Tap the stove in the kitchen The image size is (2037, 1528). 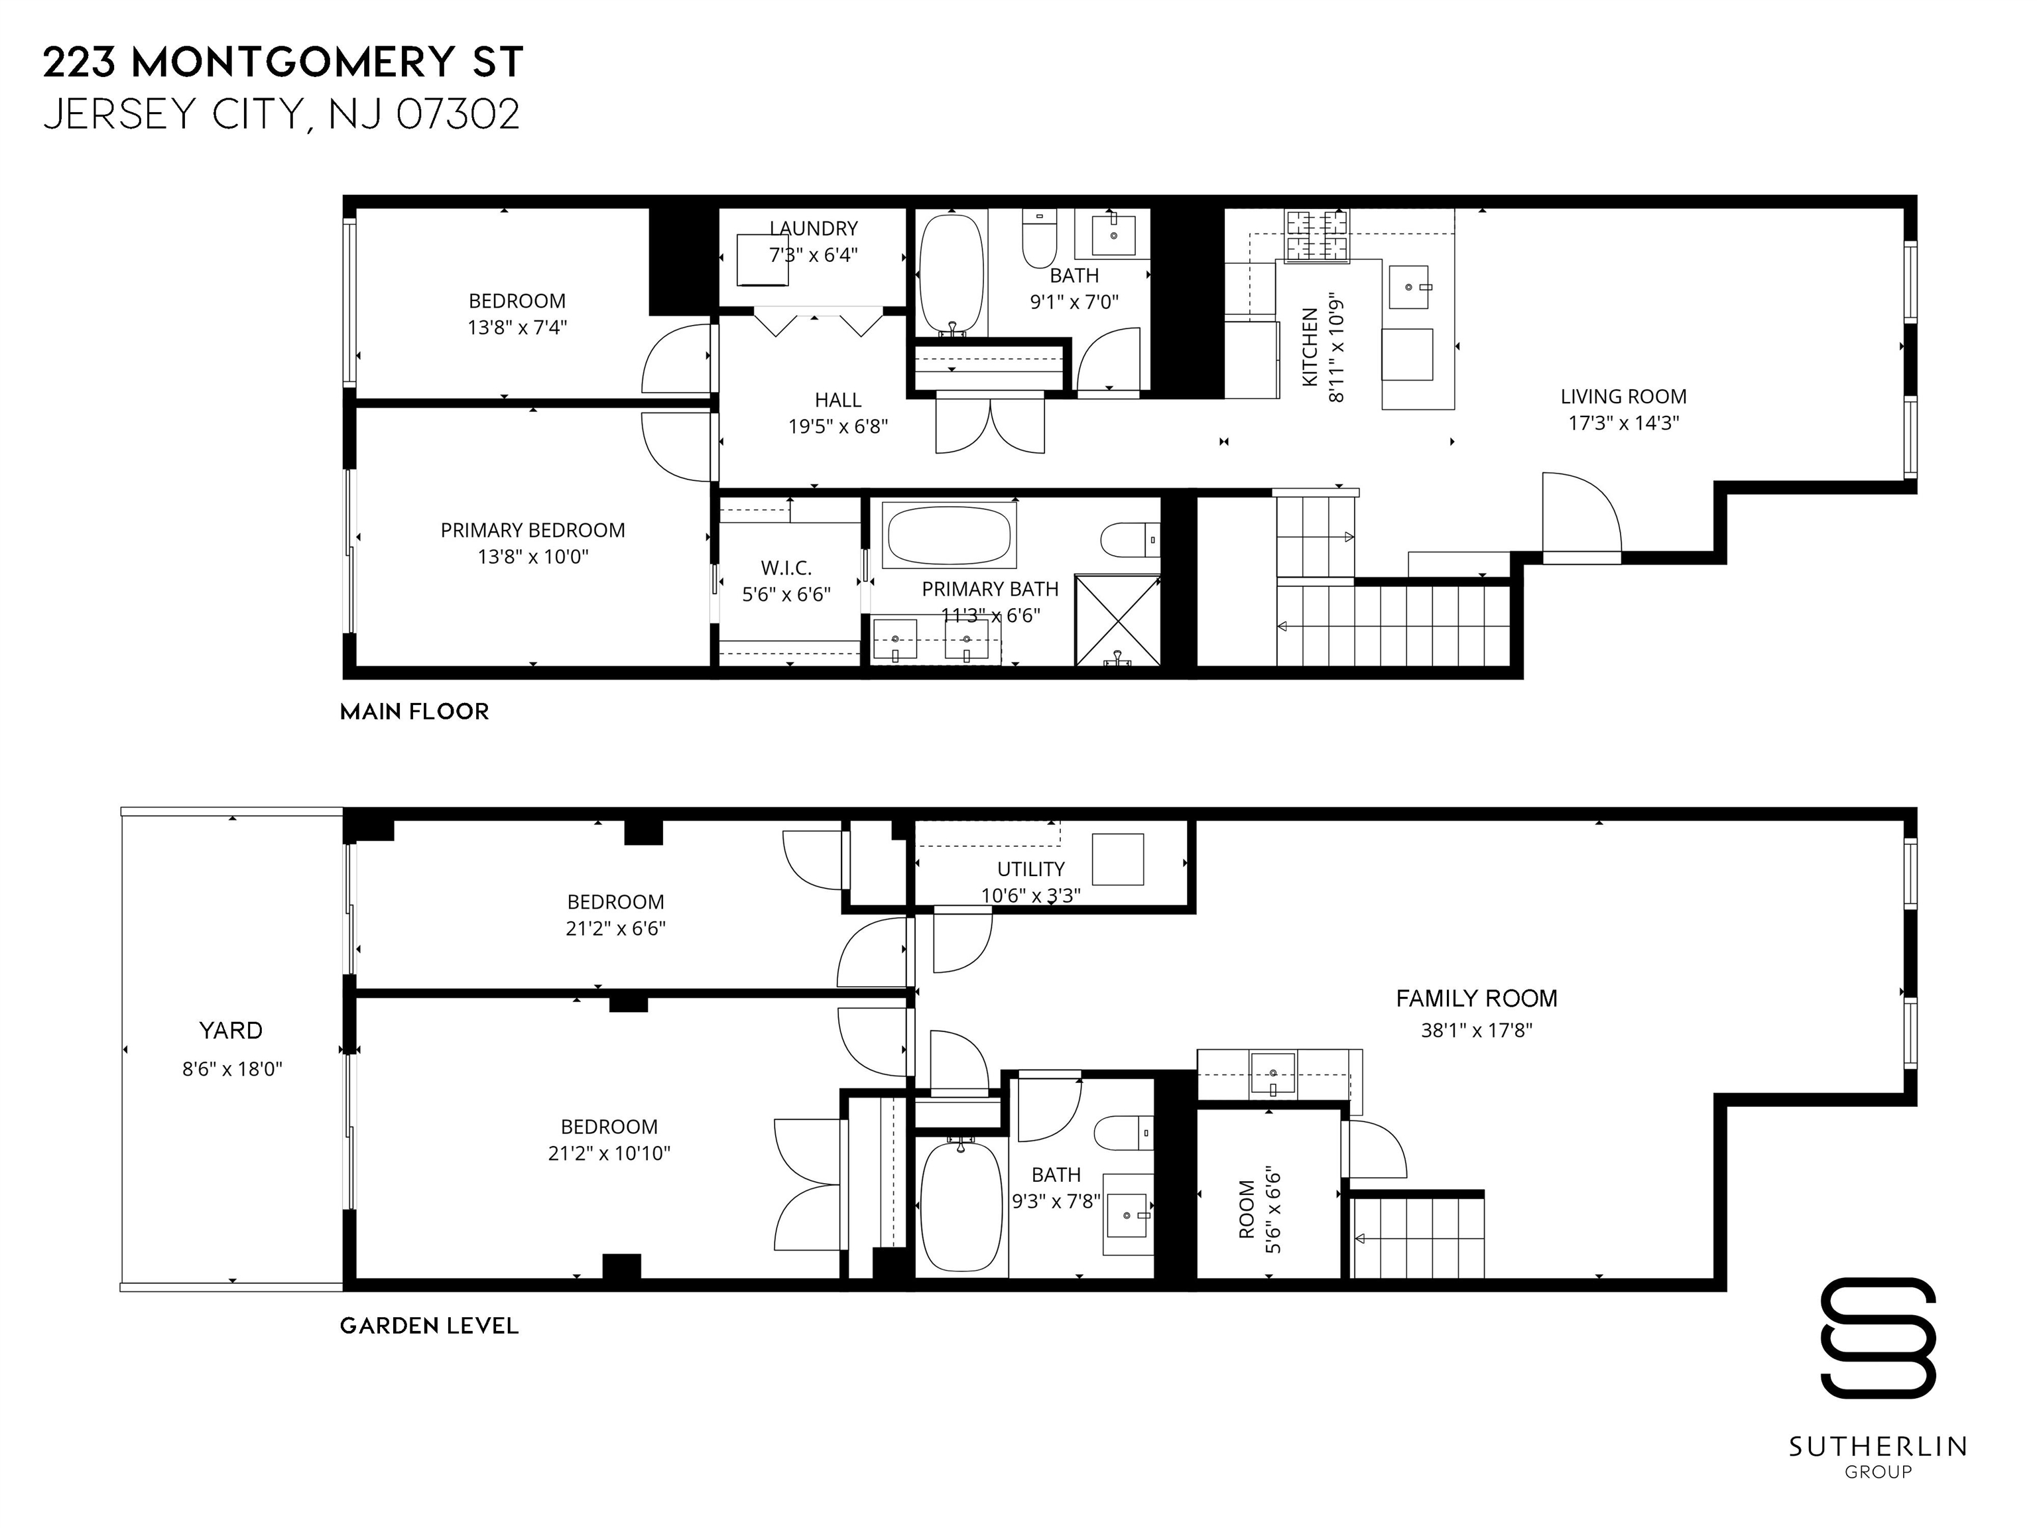(1317, 236)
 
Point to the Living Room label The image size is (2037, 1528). (1623, 397)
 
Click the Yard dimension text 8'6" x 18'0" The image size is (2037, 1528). (232, 1069)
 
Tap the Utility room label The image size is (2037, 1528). (1030, 869)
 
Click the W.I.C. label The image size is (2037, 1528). (786, 568)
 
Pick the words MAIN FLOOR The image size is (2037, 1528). (414, 712)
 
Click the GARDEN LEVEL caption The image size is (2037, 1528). (429, 1326)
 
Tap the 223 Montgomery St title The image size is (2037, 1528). (284, 62)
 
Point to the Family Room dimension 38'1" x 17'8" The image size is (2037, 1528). (1476, 1030)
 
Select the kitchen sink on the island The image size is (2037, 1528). (1409, 286)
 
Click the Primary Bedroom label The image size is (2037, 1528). (532, 531)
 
